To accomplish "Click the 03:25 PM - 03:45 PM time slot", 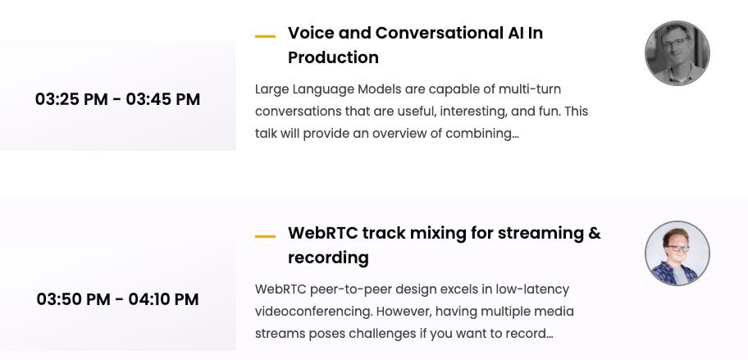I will pyautogui.click(x=117, y=99).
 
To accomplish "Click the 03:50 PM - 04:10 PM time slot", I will pyautogui.click(x=117, y=299).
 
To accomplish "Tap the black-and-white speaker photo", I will pyautogui.click(x=677, y=53).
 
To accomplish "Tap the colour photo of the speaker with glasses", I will pyautogui.click(x=677, y=253).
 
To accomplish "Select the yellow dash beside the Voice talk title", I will pyautogui.click(x=265, y=36).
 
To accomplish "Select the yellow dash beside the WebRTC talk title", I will pyautogui.click(x=265, y=236).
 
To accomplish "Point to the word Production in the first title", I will pyautogui.click(x=333, y=57).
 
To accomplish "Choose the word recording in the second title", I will pyautogui.click(x=328, y=257).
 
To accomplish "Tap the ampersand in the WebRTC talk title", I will pyautogui.click(x=595, y=233).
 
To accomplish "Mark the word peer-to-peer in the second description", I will pyautogui.click(x=345, y=289).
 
